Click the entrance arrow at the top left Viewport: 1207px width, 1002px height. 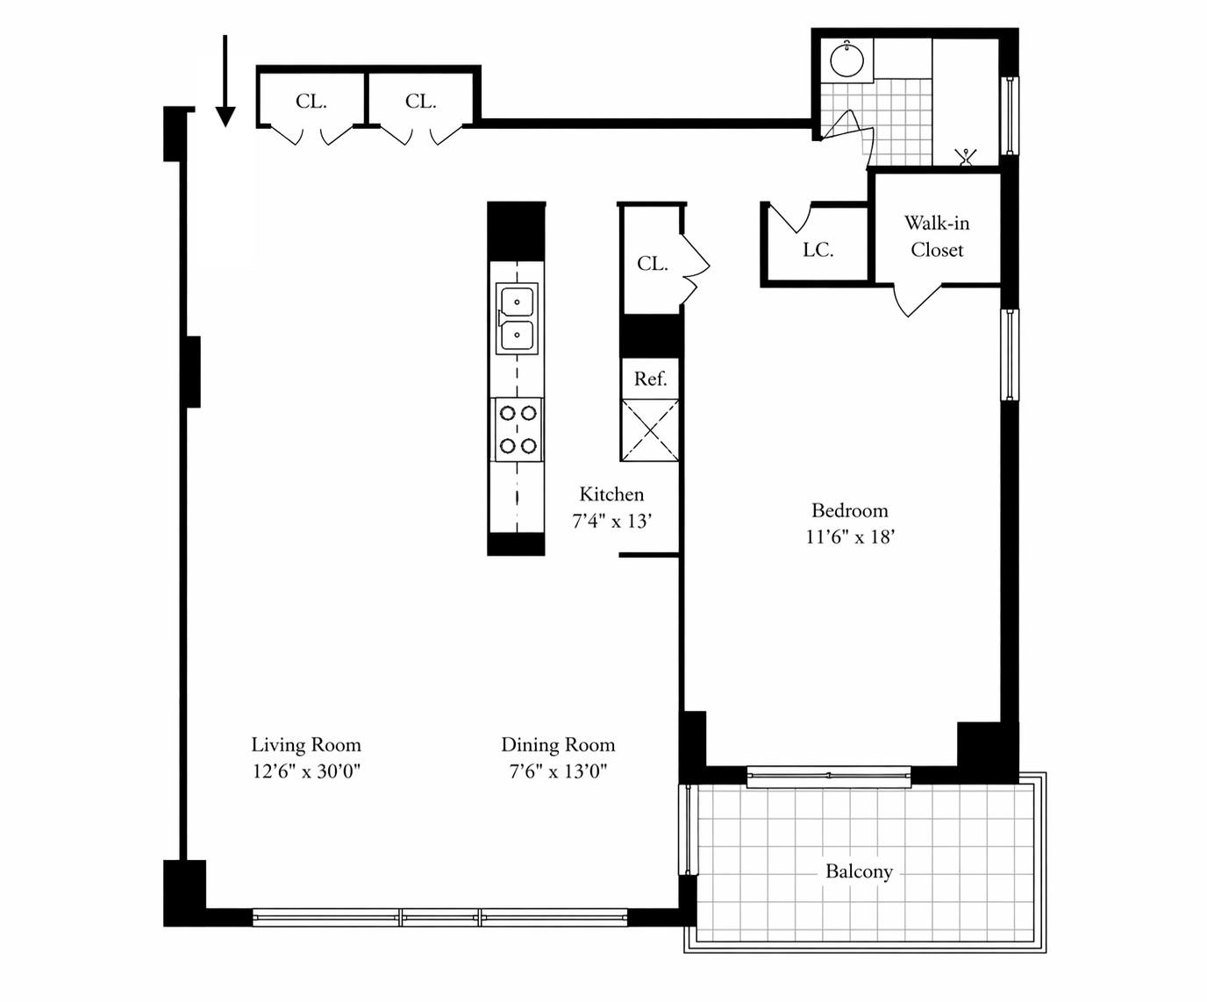click(225, 81)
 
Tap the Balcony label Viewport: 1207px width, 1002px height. click(859, 871)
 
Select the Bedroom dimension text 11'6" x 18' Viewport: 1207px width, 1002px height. click(850, 537)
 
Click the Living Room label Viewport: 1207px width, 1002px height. click(306, 745)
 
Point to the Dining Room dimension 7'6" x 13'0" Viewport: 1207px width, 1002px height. click(558, 771)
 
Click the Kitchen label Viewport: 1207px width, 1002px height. click(611, 494)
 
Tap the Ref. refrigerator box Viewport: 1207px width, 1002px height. click(650, 379)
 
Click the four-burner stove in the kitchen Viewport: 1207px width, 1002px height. click(517, 430)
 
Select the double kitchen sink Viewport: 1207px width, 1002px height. click(517, 318)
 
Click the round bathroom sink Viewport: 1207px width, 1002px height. click(846, 59)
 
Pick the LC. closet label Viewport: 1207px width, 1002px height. click(818, 250)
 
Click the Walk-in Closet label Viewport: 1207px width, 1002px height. click(937, 237)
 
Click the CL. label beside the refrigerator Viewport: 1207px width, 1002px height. click(652, 264)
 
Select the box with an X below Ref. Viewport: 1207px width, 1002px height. click(650, 430)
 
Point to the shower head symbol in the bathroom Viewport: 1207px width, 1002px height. click(965, 157)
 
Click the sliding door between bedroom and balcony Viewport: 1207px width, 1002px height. click(829, 777)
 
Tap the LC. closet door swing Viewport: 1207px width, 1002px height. click(789, 219)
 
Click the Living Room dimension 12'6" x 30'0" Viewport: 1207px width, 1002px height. click(306, 771)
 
